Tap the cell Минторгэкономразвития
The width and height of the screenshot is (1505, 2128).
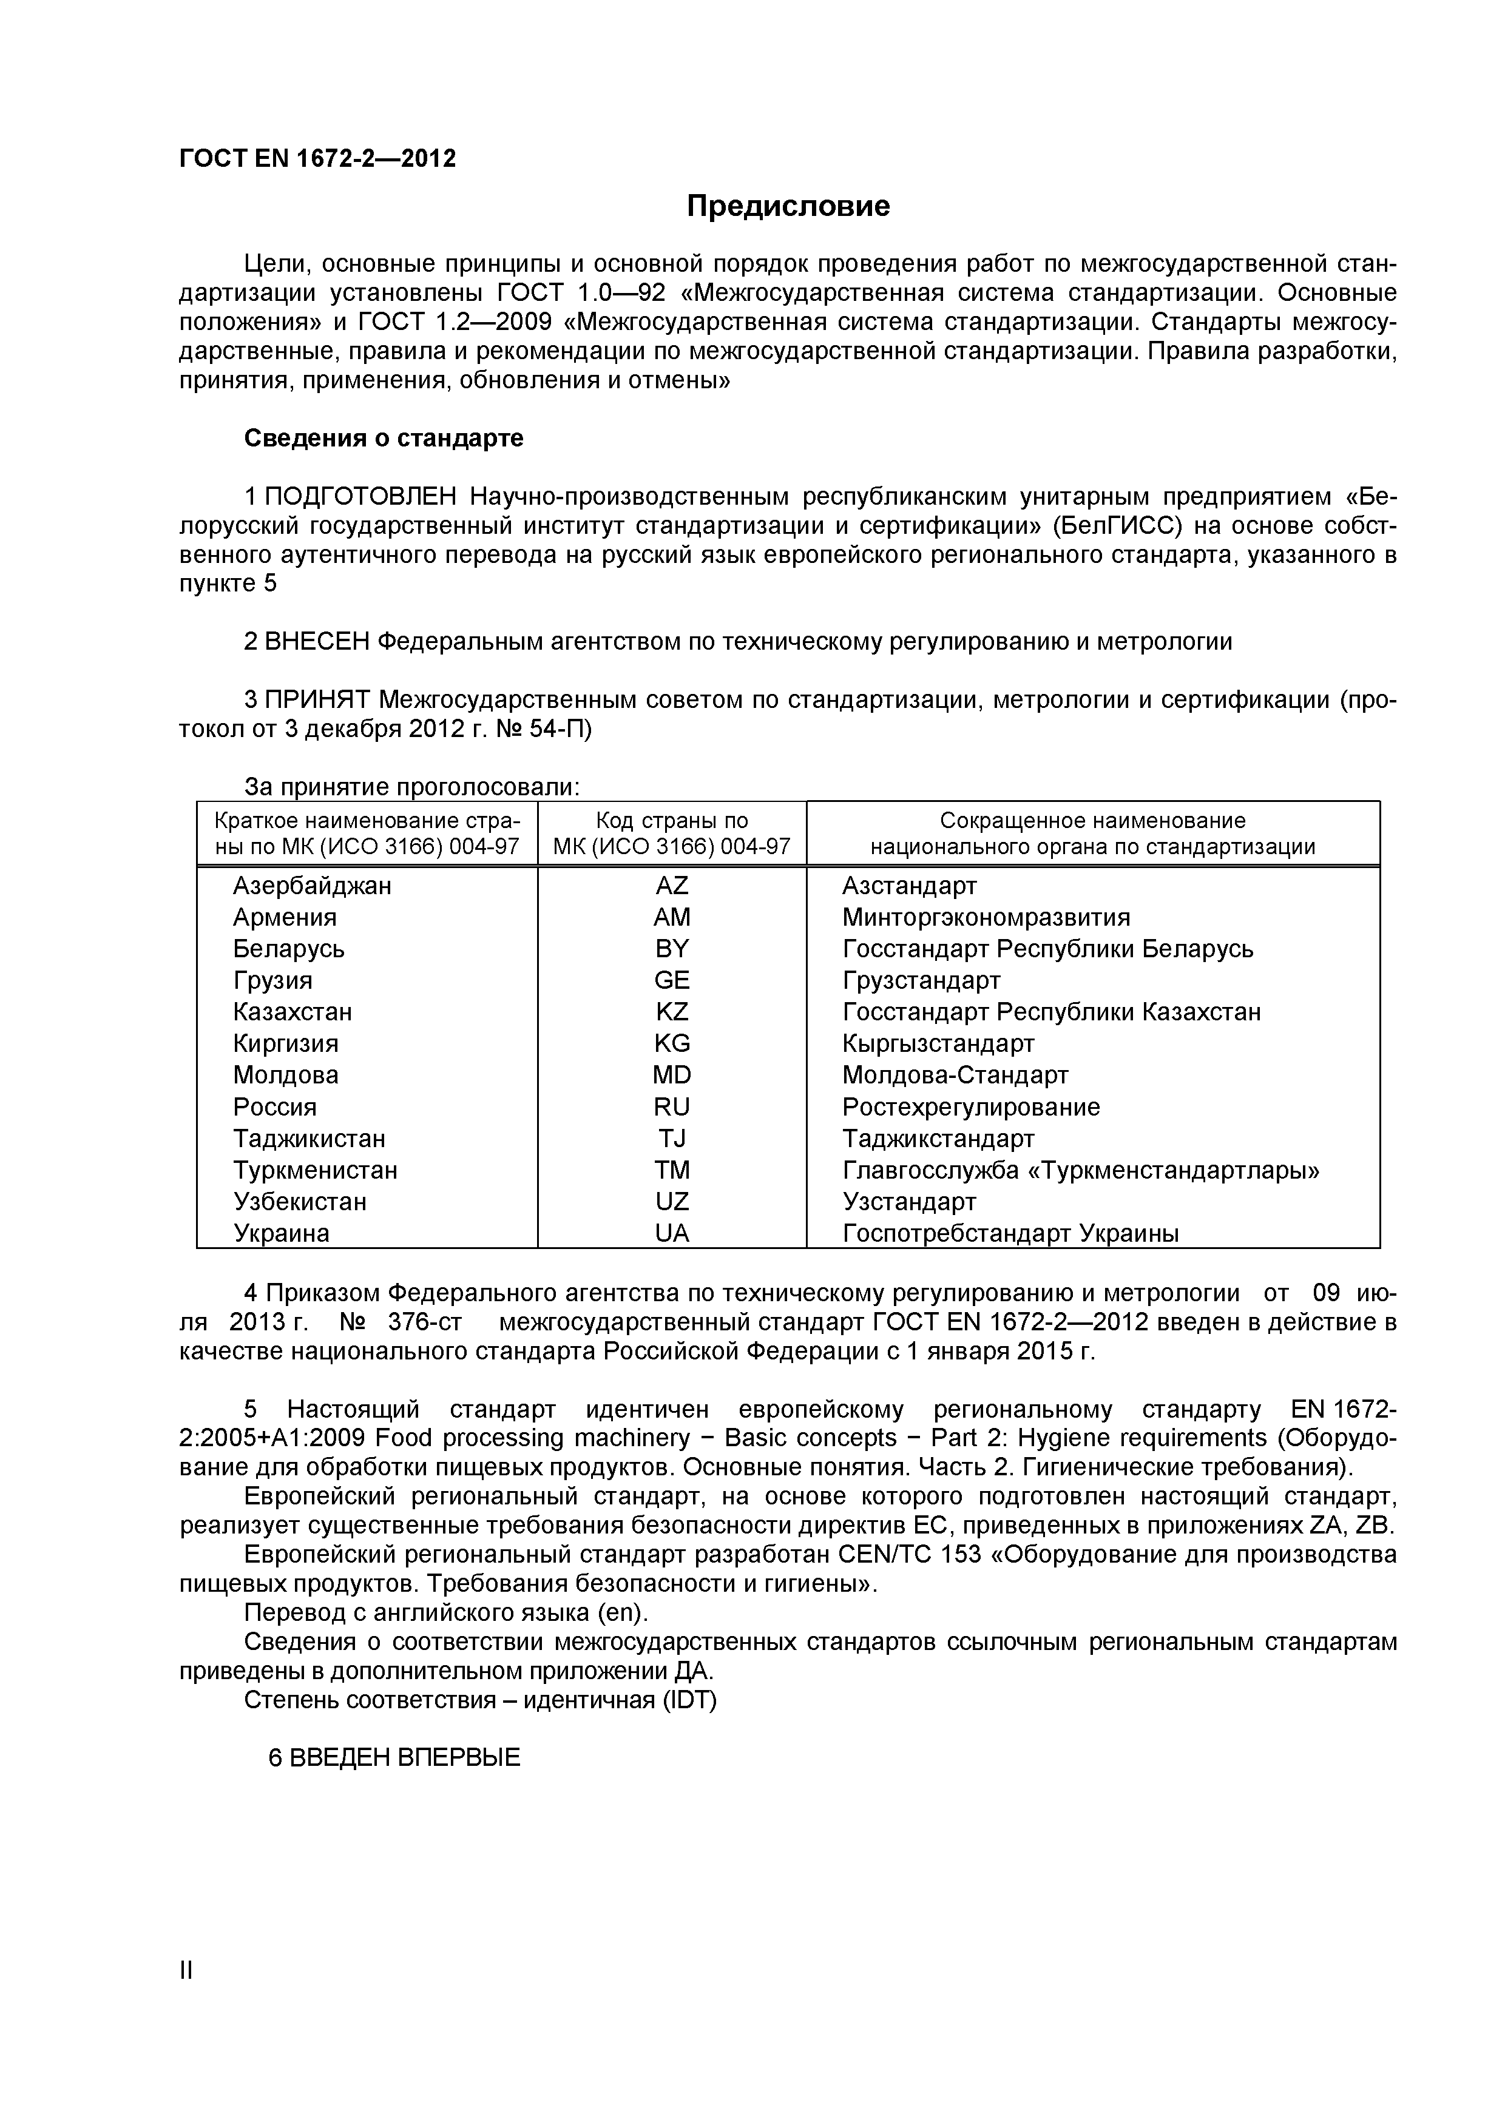(986, 918)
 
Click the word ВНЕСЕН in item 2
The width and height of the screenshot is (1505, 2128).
(317, 641)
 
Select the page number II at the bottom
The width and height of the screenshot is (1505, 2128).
(186, 1996)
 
